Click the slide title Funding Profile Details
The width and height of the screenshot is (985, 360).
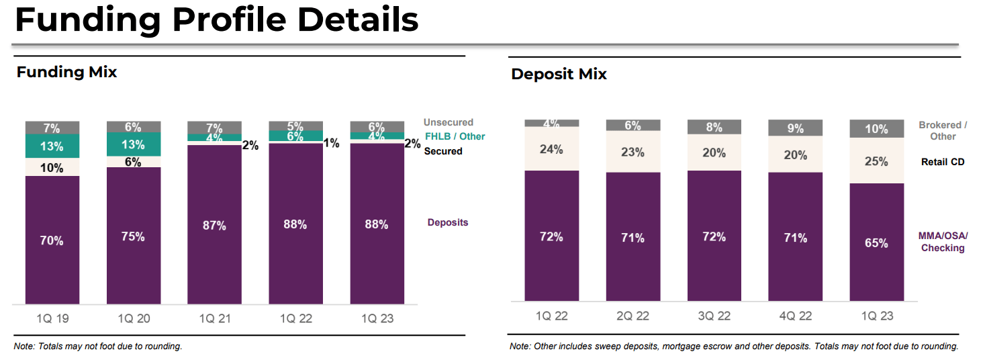coord(216,21)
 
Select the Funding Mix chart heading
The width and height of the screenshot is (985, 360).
coord(66,73)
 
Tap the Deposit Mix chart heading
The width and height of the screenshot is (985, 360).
coord(559,75)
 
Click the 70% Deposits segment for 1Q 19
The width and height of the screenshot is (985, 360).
coord(52,240)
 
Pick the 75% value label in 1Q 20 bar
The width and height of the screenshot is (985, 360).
coord(134,236)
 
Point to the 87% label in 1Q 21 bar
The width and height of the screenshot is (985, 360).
coord(215,226)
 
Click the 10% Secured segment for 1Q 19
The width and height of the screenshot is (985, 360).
coord(52,167)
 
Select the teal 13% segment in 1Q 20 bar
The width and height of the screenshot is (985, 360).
coord(134,145)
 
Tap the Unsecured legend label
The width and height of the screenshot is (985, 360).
coord(448,122)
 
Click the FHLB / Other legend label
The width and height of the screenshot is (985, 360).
coord(455,136)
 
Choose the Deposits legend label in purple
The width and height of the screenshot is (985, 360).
coord(448,222)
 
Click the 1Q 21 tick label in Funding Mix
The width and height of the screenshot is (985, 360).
coord(215,318)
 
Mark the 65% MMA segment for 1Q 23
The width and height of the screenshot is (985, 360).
coord(876,242)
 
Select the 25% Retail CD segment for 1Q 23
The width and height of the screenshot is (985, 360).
coord(876,161)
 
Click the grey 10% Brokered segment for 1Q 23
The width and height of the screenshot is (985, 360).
coord(876,129)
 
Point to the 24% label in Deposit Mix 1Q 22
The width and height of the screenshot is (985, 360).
coord(551,149)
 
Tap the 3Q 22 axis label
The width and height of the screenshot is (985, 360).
coord(714,316)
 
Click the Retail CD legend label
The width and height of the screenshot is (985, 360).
coord(943,162)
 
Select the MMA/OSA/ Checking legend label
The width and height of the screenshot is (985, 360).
coord(943,242)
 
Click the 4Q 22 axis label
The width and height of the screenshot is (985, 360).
coord(795,316)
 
